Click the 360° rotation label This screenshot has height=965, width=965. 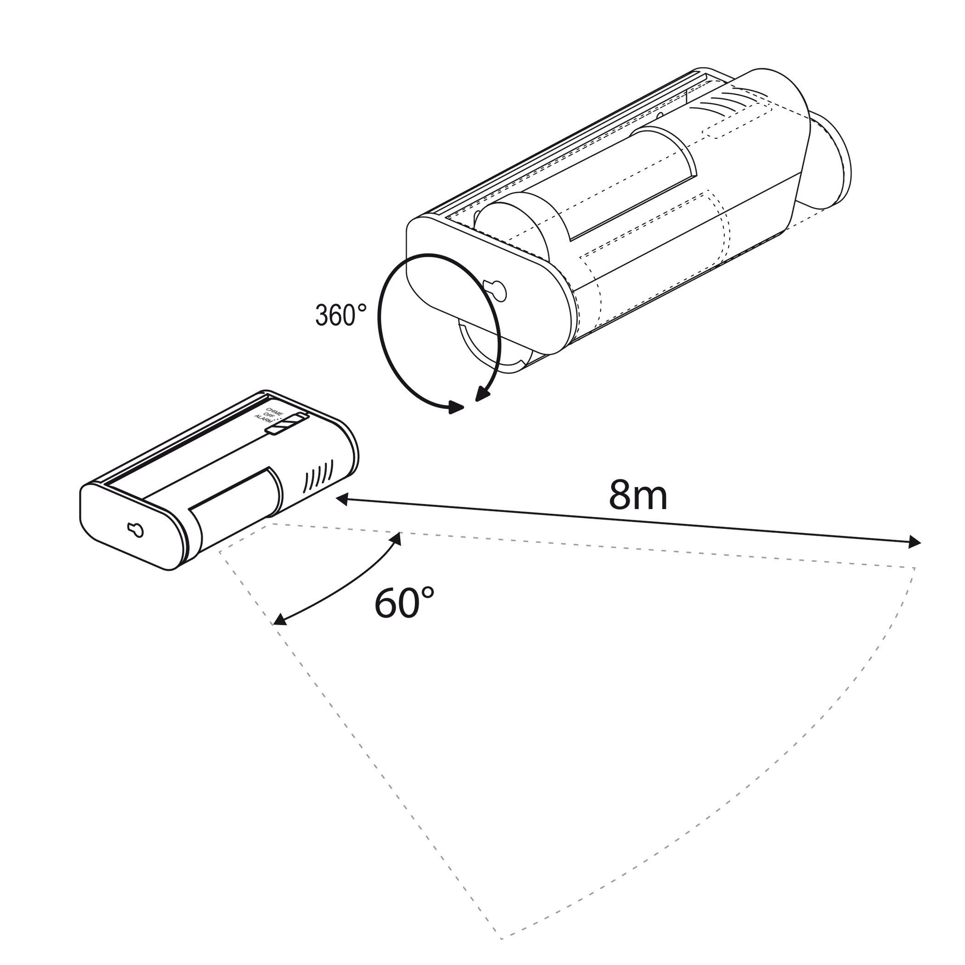pos(341,315)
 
